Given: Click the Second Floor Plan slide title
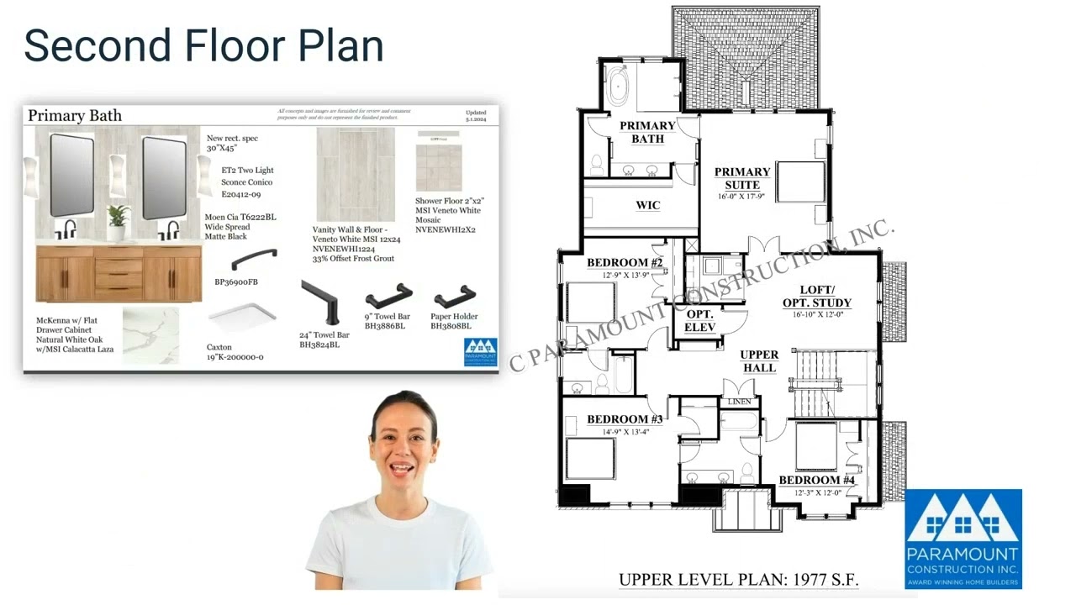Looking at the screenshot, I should tap(203, 46).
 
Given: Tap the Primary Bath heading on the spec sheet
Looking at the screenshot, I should tap(75, 116).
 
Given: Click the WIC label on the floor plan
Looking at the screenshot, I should tap(647, 205).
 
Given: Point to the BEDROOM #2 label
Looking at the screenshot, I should tap(625, 263).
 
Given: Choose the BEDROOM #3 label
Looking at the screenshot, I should tap(625, 419).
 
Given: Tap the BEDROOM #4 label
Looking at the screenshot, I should tap(816, 481).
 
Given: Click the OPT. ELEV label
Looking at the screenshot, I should tap(699, 320).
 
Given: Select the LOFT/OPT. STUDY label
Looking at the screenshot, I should tap(816, 297).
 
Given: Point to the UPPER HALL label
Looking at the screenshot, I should tap(759, 361).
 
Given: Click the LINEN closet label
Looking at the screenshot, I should tap(739, 402).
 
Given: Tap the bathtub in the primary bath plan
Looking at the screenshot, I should tap(618, 87).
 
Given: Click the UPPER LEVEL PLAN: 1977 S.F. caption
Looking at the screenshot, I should tap(738, 580).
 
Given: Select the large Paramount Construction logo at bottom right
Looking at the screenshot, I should tap(963, 539).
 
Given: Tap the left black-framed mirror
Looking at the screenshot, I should tap(72, 176).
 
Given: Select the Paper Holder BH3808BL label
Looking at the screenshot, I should tap(454, 321).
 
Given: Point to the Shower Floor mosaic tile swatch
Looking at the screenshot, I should tap(438, 167).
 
